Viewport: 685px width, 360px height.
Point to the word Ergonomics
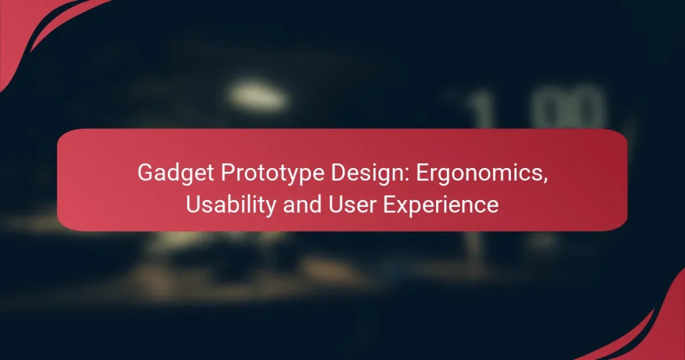(478, 173)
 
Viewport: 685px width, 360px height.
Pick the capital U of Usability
(193, 205)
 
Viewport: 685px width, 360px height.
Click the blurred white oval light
(258, 98)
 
